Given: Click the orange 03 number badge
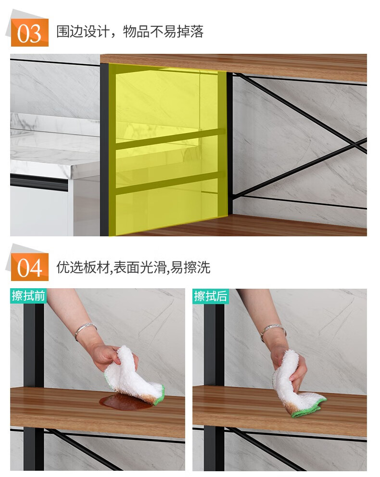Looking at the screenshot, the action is point(29,33).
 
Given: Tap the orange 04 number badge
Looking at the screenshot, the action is point(29,267).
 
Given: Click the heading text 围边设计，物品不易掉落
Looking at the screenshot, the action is point(130,32).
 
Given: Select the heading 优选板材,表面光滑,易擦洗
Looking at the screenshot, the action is point(133,268).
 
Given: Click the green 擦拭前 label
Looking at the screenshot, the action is point(28,296).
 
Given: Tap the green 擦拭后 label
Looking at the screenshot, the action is point(211,296).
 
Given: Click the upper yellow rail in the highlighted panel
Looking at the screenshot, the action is point(171,139).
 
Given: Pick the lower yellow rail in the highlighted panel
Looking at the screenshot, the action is point(171,183).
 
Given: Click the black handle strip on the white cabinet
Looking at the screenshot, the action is point(38,182).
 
